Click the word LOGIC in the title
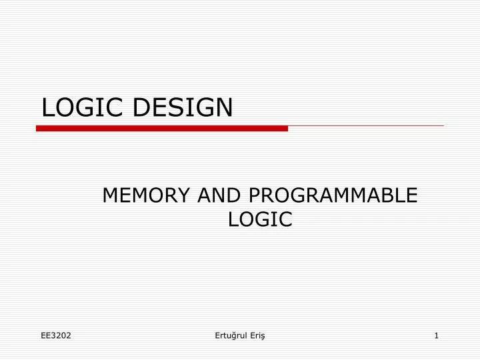coord(83,107)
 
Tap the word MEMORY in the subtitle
coord(145,195)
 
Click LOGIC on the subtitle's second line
coord(261,219)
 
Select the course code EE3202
coord(56,335)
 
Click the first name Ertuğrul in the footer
coord(229,335)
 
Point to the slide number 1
coord(436,335)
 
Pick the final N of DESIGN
coord(225,107)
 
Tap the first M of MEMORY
coord(109,195)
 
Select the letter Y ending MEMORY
coord(184,195)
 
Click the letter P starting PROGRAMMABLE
coord(253,195)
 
